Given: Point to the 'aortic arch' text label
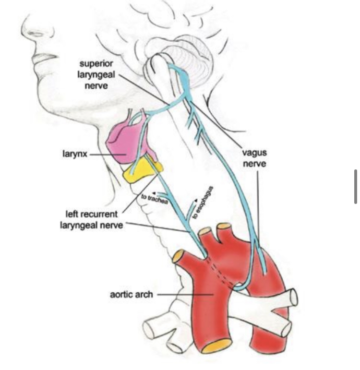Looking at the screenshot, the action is click(x=131, y=294).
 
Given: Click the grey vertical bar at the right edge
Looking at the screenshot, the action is click(x=356, y=187).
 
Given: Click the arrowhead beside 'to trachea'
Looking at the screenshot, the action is click(x=154, y=194).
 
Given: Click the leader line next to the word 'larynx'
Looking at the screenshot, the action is click(x=101, y=155).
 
